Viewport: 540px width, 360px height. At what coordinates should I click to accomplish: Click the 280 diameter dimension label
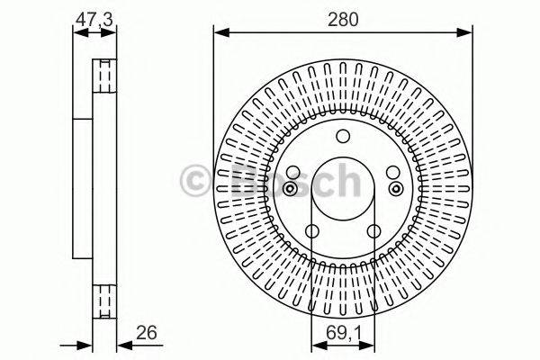point(341,17)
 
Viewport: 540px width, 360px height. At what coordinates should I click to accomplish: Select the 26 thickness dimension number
point(146,334)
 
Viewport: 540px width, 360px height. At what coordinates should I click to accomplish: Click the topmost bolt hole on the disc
point(342,137)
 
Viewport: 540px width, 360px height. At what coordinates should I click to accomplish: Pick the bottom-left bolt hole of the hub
point(311,233)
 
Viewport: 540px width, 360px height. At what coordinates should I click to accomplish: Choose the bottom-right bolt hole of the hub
point(373,233)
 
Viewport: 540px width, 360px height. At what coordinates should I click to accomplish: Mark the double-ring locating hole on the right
point(395,188)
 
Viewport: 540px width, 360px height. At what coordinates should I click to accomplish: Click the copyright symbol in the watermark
point(195,180)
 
